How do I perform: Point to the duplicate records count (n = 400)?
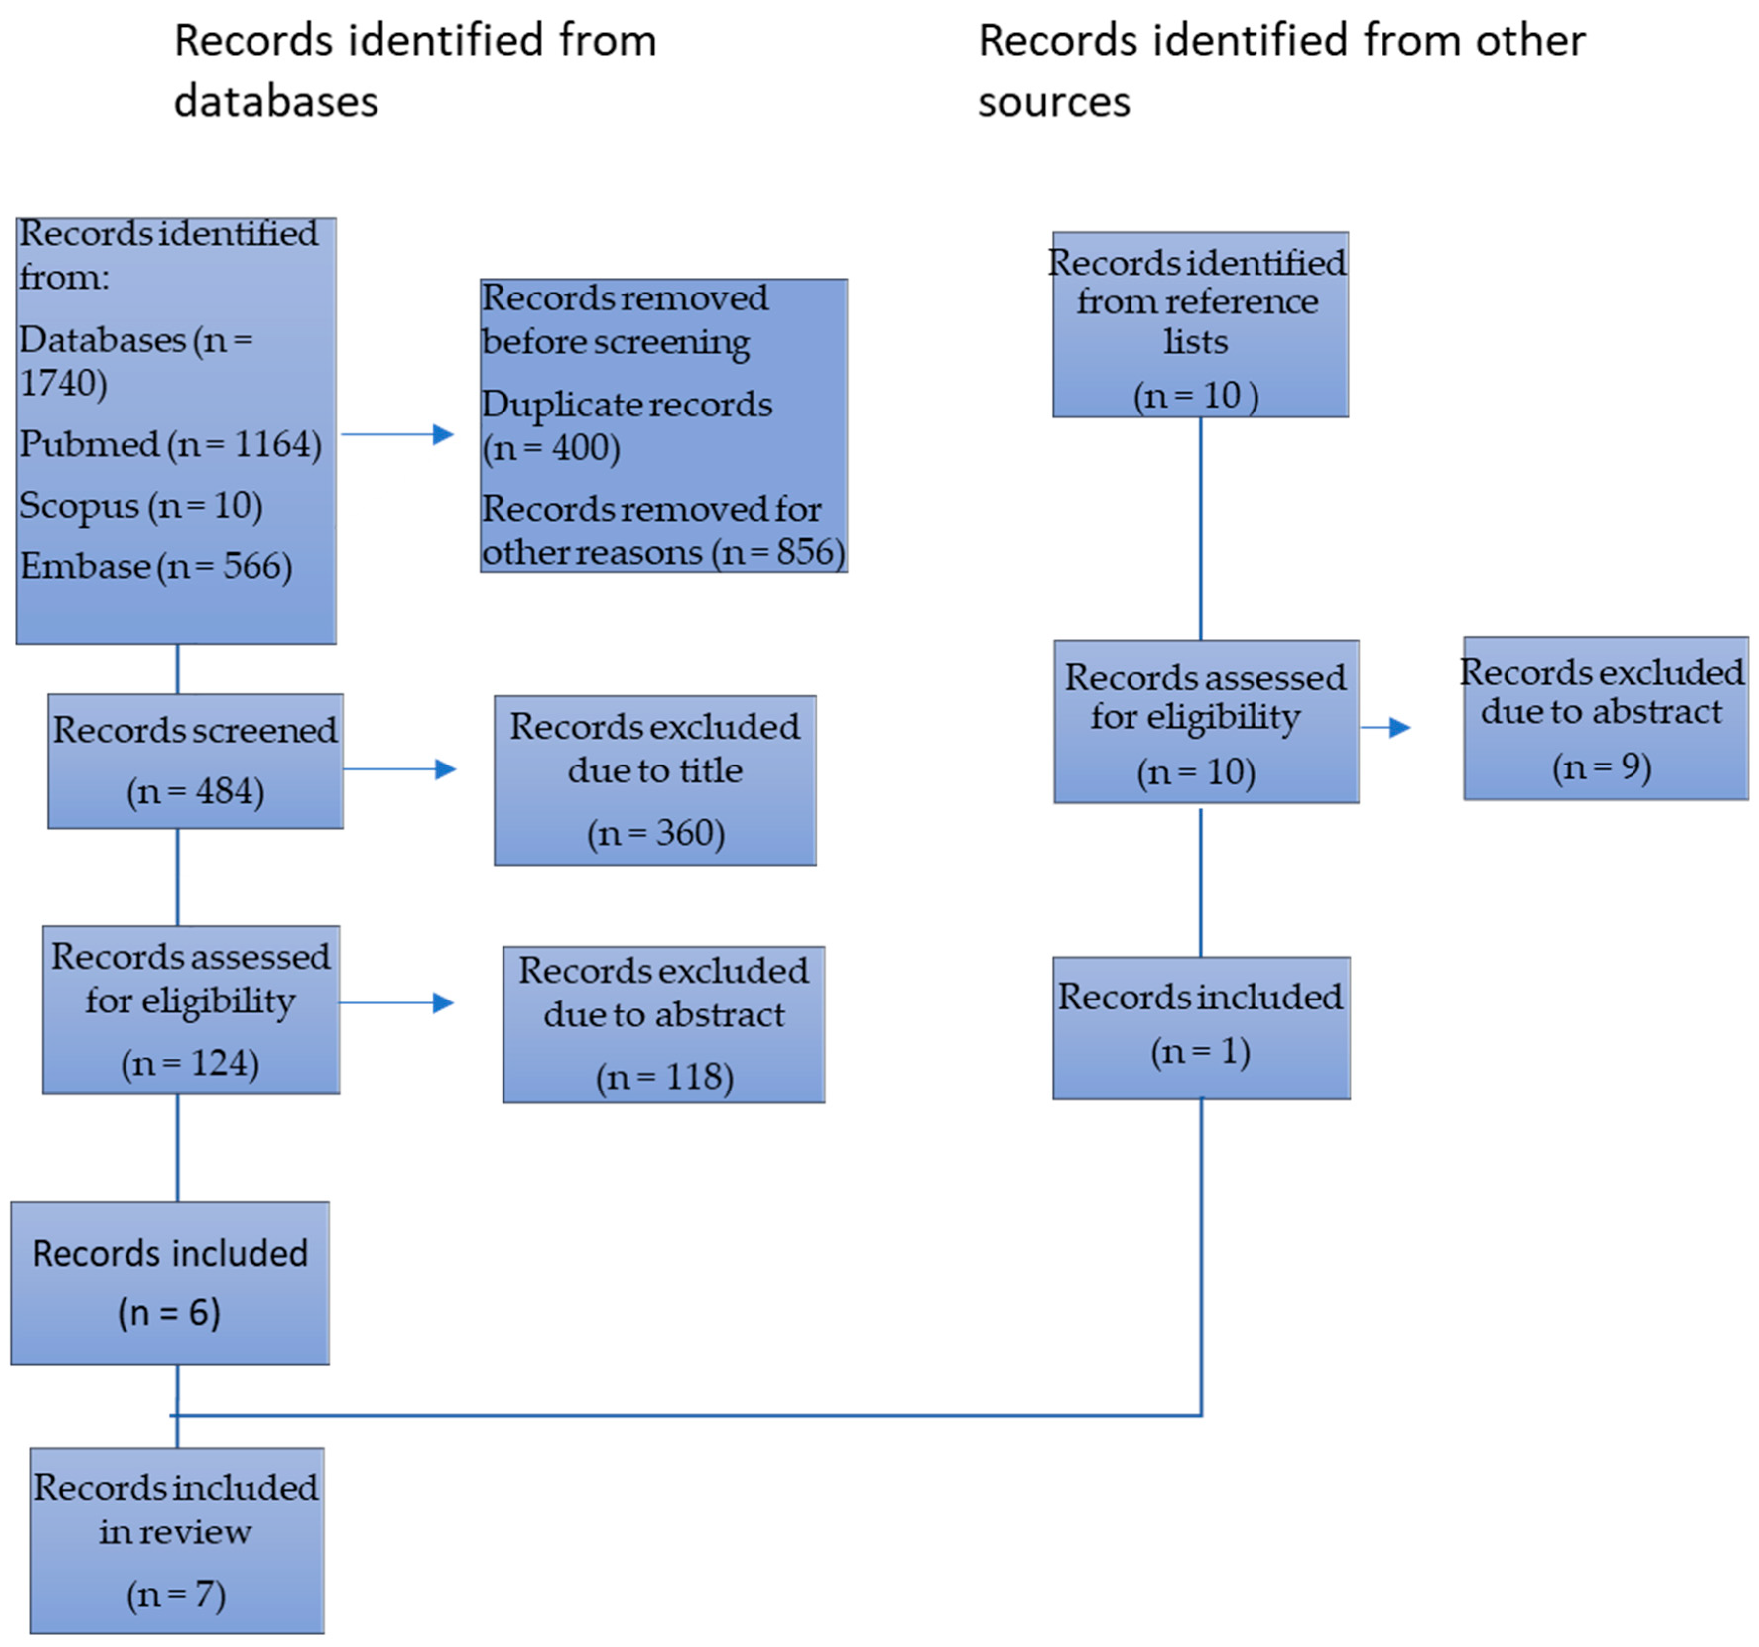(x=551, y=448)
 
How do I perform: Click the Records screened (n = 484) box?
(x=195, y=762)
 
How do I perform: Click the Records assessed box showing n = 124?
(x=191, y=1009)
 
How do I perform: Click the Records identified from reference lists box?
(x=1200, y=325)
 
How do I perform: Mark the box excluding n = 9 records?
(x=1606, y=718)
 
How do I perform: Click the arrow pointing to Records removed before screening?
(x=397, y=434)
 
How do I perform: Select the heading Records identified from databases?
(x=415, y=71)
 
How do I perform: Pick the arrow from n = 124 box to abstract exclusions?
(x=396, y=1003)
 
